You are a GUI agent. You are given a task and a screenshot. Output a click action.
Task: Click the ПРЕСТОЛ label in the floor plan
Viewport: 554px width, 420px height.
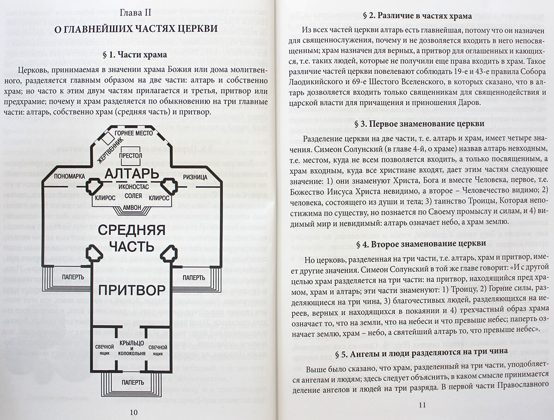click(131, 156)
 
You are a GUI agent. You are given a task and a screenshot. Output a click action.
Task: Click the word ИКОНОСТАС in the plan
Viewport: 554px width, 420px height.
click(132, 188)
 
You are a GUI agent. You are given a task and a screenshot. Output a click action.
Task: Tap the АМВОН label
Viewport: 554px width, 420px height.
click(132, 207)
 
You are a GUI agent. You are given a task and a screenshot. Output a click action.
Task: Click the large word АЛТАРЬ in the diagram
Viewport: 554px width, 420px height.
click(132, 174)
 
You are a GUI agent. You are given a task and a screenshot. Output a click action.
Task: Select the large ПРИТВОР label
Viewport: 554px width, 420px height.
click(132, 290)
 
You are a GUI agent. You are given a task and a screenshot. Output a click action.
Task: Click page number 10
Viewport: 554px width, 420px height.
click(133, 412)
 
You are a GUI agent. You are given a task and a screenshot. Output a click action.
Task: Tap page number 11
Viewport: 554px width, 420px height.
click(421, 405)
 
